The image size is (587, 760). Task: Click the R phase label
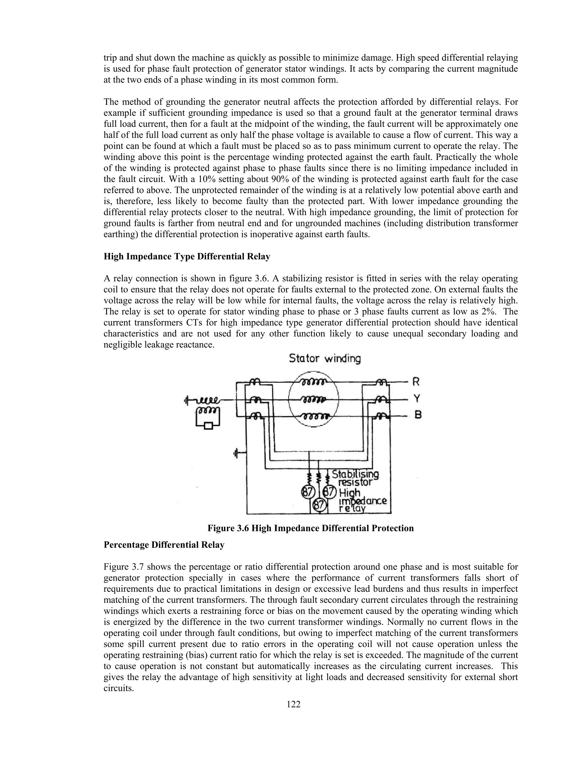coord(416,382)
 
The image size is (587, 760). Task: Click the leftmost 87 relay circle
coord(308,492)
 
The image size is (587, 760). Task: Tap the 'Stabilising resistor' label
coord(355,478)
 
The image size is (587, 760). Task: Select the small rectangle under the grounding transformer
coord(208,426)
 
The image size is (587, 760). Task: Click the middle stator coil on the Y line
coord(313,399)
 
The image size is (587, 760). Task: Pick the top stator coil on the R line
coord(313,382)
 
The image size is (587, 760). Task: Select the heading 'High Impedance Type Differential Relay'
coord(187,256)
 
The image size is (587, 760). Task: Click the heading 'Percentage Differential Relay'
coord(164,545)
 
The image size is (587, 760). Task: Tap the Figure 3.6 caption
coord(310,528)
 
